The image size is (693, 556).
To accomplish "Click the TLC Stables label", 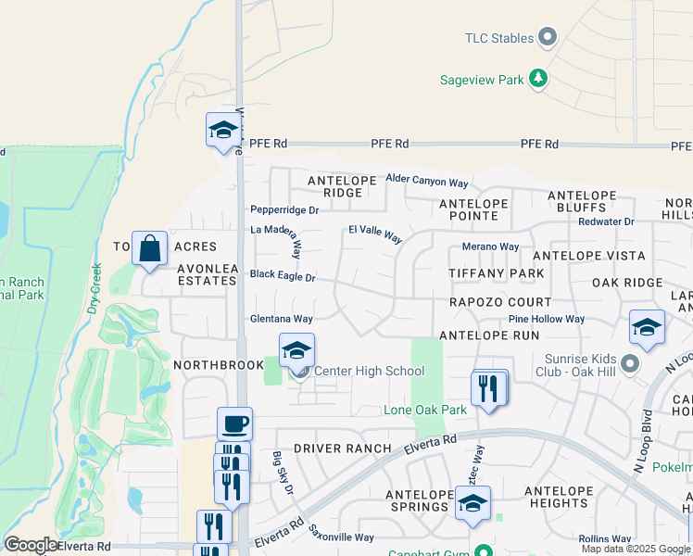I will point(498,38).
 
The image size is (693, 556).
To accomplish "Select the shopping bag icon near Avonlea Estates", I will point(149,249).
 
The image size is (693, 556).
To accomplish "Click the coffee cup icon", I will point(234,424).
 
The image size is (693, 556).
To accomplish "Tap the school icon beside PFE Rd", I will point(223,130).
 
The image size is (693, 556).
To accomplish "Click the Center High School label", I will point(370,372).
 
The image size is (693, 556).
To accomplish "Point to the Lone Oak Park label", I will point(425,410).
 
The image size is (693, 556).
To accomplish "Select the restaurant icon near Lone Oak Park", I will point(489,387).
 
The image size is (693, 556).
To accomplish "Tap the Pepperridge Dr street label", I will point(284,210).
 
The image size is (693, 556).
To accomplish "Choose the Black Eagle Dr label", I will point(283,276).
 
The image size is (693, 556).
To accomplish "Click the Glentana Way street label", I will point(281,319).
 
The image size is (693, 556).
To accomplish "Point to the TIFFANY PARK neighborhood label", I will point(496,274).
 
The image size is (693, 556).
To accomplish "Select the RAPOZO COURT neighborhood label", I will point(500,302).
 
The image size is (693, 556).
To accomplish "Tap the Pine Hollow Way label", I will point(547,319).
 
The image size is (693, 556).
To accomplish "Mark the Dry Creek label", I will point(94,288).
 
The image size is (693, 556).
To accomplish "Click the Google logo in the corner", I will point(31,545).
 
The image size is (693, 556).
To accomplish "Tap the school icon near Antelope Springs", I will point(472,503).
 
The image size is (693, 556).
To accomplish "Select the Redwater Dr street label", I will point(606,221).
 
